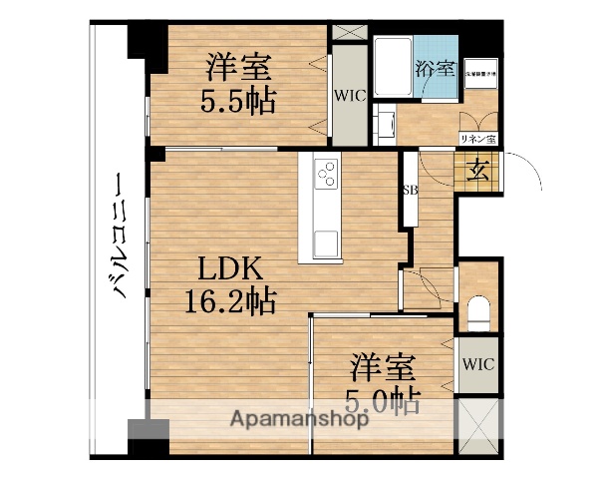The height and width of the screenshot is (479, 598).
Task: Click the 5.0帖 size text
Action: click(x=384, y=399)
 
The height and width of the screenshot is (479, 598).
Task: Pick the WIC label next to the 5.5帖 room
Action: click(x=349, y=96)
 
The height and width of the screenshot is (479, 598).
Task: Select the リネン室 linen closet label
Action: click(x=478, y=139)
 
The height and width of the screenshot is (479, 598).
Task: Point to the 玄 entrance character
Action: click(x=477, y=169)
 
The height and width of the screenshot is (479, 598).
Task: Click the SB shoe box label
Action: click(x=409, y=190)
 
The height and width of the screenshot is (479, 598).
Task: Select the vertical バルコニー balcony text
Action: click(x=118, y=238)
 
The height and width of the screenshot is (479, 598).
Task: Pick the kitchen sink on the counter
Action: click(x=327, y=241)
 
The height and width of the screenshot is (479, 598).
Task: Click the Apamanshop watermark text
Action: click(x=299, y=418)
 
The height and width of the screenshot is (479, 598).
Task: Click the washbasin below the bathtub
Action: click(x=383, y=123)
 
